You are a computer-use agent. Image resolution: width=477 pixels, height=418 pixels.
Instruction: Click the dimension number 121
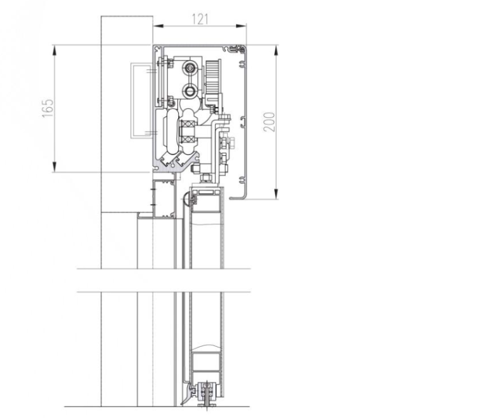200,19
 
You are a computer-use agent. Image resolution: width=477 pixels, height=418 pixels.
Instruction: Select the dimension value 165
48,108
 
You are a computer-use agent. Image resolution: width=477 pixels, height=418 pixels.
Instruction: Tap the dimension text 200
269,122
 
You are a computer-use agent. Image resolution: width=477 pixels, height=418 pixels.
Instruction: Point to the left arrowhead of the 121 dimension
158,26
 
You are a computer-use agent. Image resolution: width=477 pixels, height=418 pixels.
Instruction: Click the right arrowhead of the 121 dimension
241,26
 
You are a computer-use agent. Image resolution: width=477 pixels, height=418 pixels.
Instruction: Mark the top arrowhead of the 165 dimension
55,50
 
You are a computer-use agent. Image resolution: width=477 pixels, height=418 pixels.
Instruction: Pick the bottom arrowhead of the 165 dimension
55,167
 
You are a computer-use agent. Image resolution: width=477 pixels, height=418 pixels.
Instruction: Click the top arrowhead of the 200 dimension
276,50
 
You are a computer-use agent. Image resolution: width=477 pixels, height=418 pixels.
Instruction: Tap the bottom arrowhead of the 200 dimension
276,194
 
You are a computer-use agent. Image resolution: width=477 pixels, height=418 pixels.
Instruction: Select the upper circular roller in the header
190,67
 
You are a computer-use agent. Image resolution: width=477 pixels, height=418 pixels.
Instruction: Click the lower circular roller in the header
190,90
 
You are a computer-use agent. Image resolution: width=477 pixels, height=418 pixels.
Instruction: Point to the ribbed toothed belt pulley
212,77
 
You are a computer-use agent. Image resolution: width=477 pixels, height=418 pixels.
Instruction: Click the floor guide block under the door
207,394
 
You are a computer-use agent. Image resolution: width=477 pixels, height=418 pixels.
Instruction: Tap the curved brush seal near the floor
188,394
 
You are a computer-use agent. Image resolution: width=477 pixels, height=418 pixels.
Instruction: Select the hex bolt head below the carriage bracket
205,178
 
